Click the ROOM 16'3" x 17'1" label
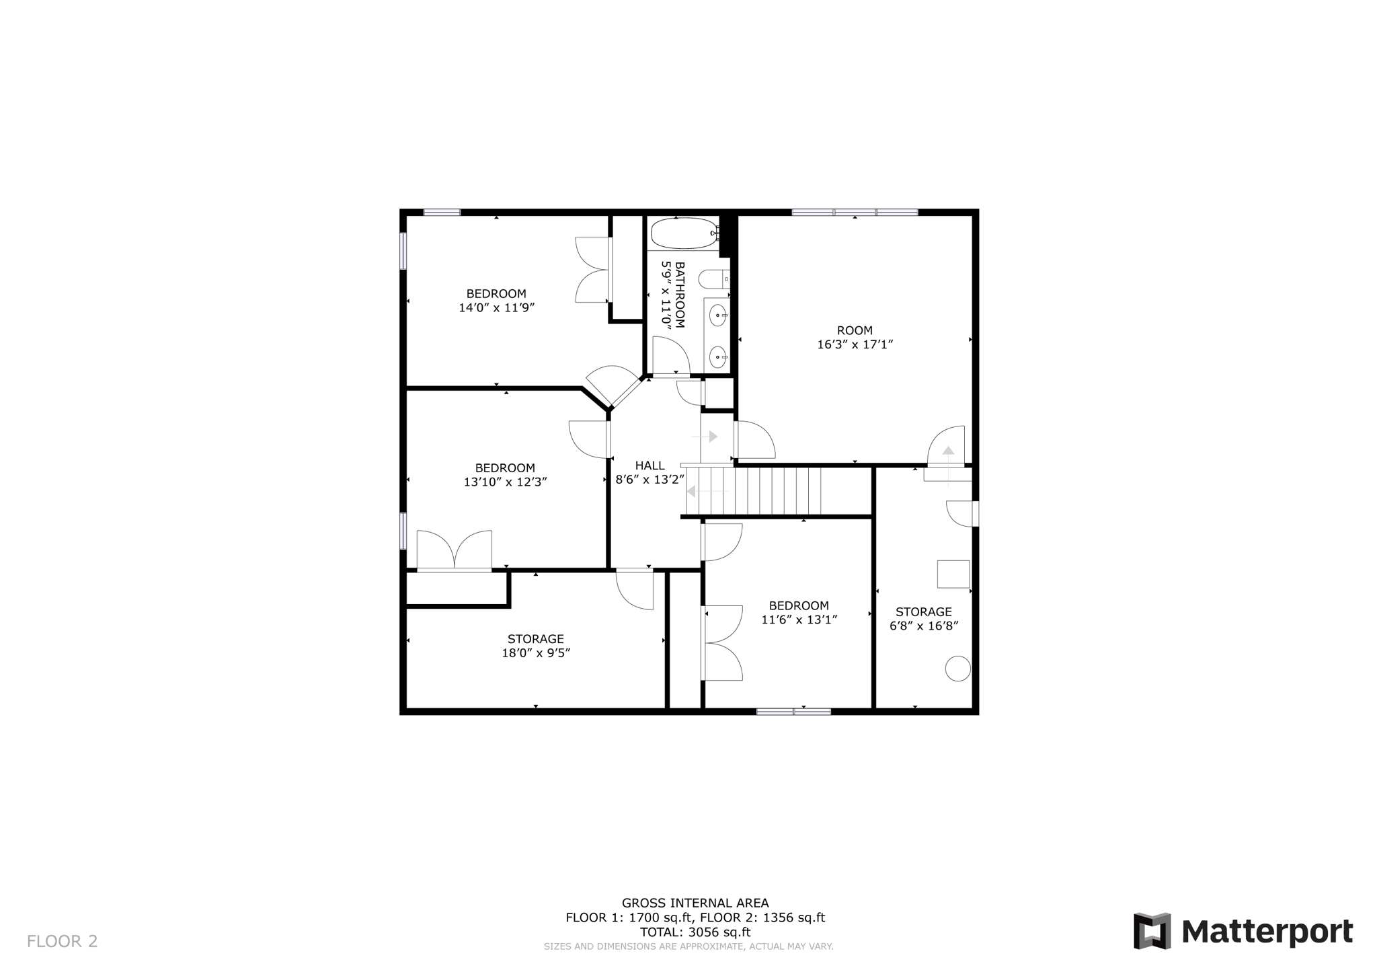point(855,337)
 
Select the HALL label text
point(650,465)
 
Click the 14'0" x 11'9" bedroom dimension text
point(496,308)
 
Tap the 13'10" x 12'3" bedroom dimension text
point(505,482)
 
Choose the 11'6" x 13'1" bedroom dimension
point(799,620)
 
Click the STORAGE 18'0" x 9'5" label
point(535,646)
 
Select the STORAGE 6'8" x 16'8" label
point(923,618)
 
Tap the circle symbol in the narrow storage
point(957,669)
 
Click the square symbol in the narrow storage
point(953,574)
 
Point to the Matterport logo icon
point(1152,931)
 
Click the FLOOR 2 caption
point(63,941)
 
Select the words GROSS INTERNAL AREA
point(695,903)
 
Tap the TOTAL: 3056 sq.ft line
point(695,932)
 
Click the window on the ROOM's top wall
point(855,213)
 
